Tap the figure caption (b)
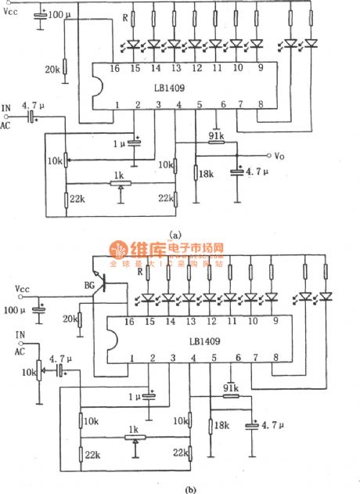(178, 488)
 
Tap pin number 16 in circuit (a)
(116, 68)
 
